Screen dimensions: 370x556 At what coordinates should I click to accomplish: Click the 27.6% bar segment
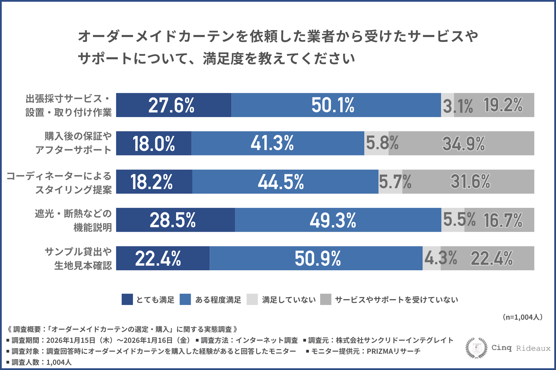[173, 105]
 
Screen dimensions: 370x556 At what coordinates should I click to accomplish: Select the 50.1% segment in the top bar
[336, 105]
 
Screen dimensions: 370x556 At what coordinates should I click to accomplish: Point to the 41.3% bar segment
[277, 143]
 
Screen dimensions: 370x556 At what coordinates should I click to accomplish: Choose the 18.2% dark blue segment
[154, 182]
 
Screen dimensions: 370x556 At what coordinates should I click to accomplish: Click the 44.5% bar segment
[285, 182]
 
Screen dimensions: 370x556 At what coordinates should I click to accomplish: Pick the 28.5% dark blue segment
[175, 220]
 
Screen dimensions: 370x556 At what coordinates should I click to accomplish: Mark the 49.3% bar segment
[338, 220]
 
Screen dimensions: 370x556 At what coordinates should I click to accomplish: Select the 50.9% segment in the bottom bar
[316, 258]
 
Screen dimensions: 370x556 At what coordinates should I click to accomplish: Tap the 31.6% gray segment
[470, 182]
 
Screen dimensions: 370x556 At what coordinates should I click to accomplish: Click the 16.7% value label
[503, 220]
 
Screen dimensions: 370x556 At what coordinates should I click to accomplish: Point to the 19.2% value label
[503, 105]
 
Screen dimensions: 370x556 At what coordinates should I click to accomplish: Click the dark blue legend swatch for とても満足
[127, 299]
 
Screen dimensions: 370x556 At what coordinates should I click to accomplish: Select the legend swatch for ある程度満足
[185, 299]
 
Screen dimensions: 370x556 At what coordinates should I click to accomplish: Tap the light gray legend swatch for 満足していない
[252, 299]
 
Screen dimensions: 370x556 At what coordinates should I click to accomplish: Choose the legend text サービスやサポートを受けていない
[396, 300]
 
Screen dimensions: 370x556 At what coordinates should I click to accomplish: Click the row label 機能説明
[93, 227]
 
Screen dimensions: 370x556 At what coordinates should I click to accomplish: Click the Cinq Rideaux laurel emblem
[476, 348]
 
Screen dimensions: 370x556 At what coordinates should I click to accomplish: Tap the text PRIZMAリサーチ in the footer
[394, 351]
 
